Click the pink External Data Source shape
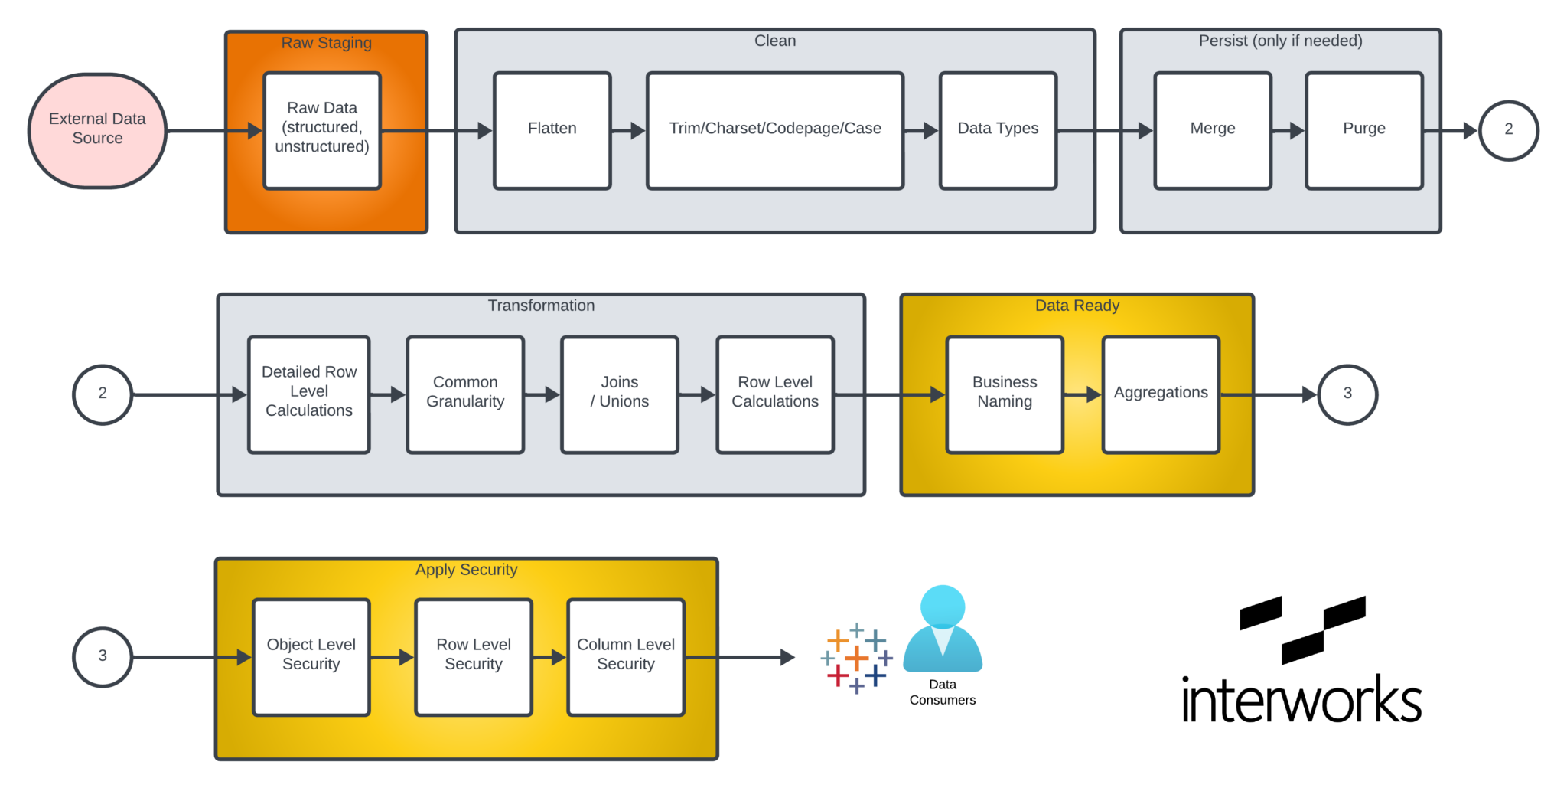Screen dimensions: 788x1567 (97, 130)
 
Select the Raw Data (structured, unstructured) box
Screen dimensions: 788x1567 (322, 130)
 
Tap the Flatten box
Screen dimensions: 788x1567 (552, 130)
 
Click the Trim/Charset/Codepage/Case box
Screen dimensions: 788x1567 (774, 130)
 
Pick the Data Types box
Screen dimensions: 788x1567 (998, 130)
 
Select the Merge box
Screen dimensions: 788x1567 (1213, 130)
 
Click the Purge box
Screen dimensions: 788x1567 (1363, 130)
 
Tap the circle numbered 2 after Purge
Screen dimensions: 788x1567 (1508, 130)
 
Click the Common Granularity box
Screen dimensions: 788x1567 (465, 394)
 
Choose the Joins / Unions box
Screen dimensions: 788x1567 (619, 394)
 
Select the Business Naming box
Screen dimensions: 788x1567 (1005, 394)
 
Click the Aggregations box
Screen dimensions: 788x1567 (1160, 394)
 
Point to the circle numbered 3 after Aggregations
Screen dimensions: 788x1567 (1347, 394)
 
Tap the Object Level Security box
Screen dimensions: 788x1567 (311, 657)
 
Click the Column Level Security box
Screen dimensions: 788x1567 (626, 657)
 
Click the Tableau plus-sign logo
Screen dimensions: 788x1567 (856, 658)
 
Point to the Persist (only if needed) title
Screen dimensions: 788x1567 (1280, 41)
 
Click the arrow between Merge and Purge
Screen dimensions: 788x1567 (1288, 131)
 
